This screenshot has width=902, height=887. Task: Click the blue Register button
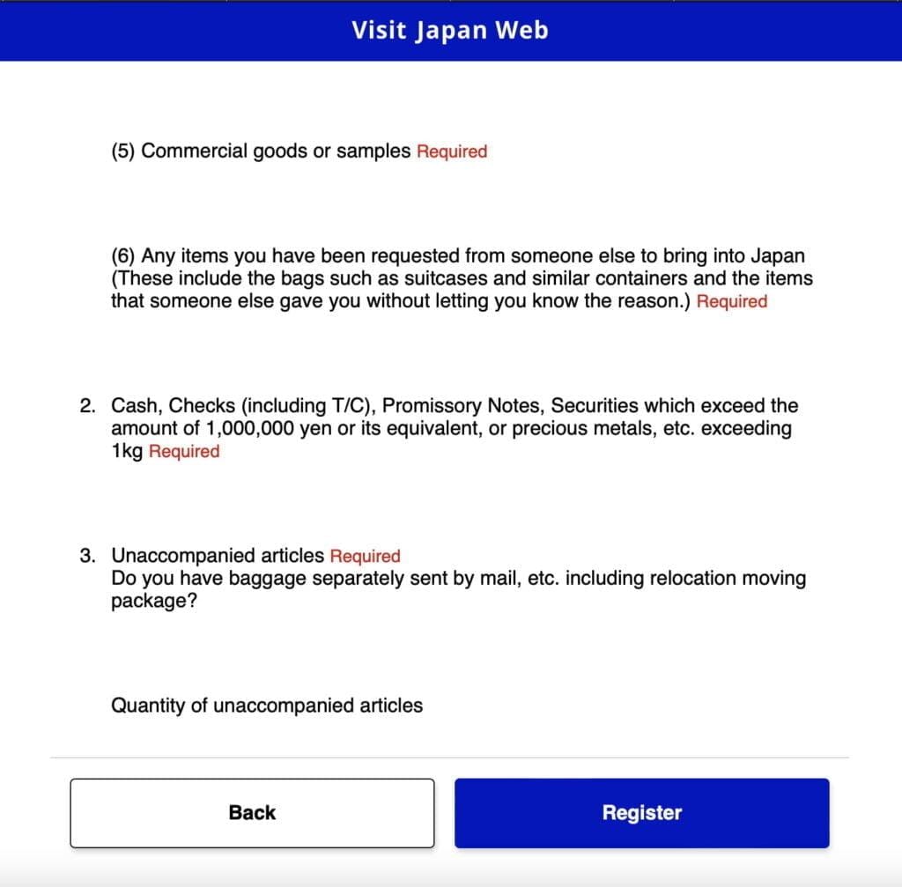coord(641,813)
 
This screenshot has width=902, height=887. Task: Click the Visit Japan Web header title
coord(450,30)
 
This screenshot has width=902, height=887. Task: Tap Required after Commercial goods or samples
coord(452,152)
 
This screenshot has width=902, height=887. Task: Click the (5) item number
coord(123,152)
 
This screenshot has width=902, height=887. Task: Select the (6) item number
coord(123,256)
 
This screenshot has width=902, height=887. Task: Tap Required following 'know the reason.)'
coord(732,301)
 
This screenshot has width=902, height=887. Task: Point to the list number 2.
coord(86,406)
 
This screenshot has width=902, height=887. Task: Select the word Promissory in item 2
coord(432,406)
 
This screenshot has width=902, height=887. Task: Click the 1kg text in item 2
coord(127,452)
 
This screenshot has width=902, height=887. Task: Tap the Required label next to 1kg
coord(184,452)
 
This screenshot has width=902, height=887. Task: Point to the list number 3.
coord(86,556)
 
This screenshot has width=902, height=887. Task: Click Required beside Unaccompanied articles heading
coord(365,557)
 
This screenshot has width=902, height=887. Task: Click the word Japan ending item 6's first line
coord(777,256)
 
